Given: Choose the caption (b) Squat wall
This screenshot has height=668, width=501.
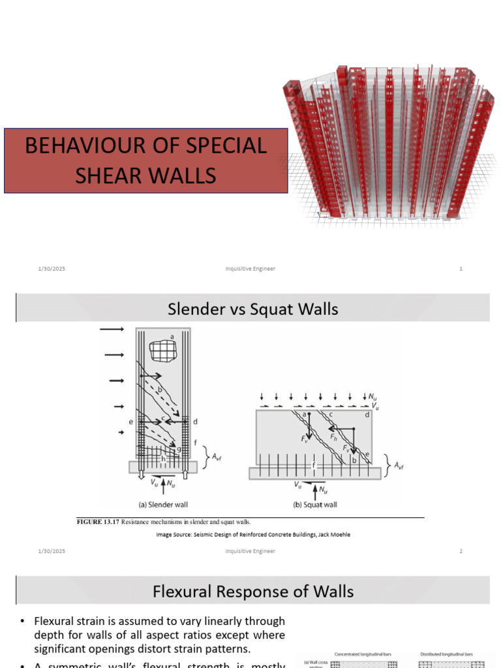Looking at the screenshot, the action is pyautogui.click(x=315, y=504).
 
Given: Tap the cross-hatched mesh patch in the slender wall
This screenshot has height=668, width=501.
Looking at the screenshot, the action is pyautogui.click(x=162, y=351).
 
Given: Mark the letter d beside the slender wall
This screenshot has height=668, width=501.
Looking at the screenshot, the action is pyautogui.click(x=195, y=422).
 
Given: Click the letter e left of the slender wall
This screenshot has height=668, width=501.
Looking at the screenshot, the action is pyautogui.click(x=131, y=423).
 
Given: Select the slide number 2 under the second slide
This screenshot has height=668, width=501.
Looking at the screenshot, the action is pyautogui.click(x=461, y=551).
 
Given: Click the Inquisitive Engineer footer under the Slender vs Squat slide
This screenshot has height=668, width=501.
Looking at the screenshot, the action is pyautogui.click(x=250, y=551).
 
